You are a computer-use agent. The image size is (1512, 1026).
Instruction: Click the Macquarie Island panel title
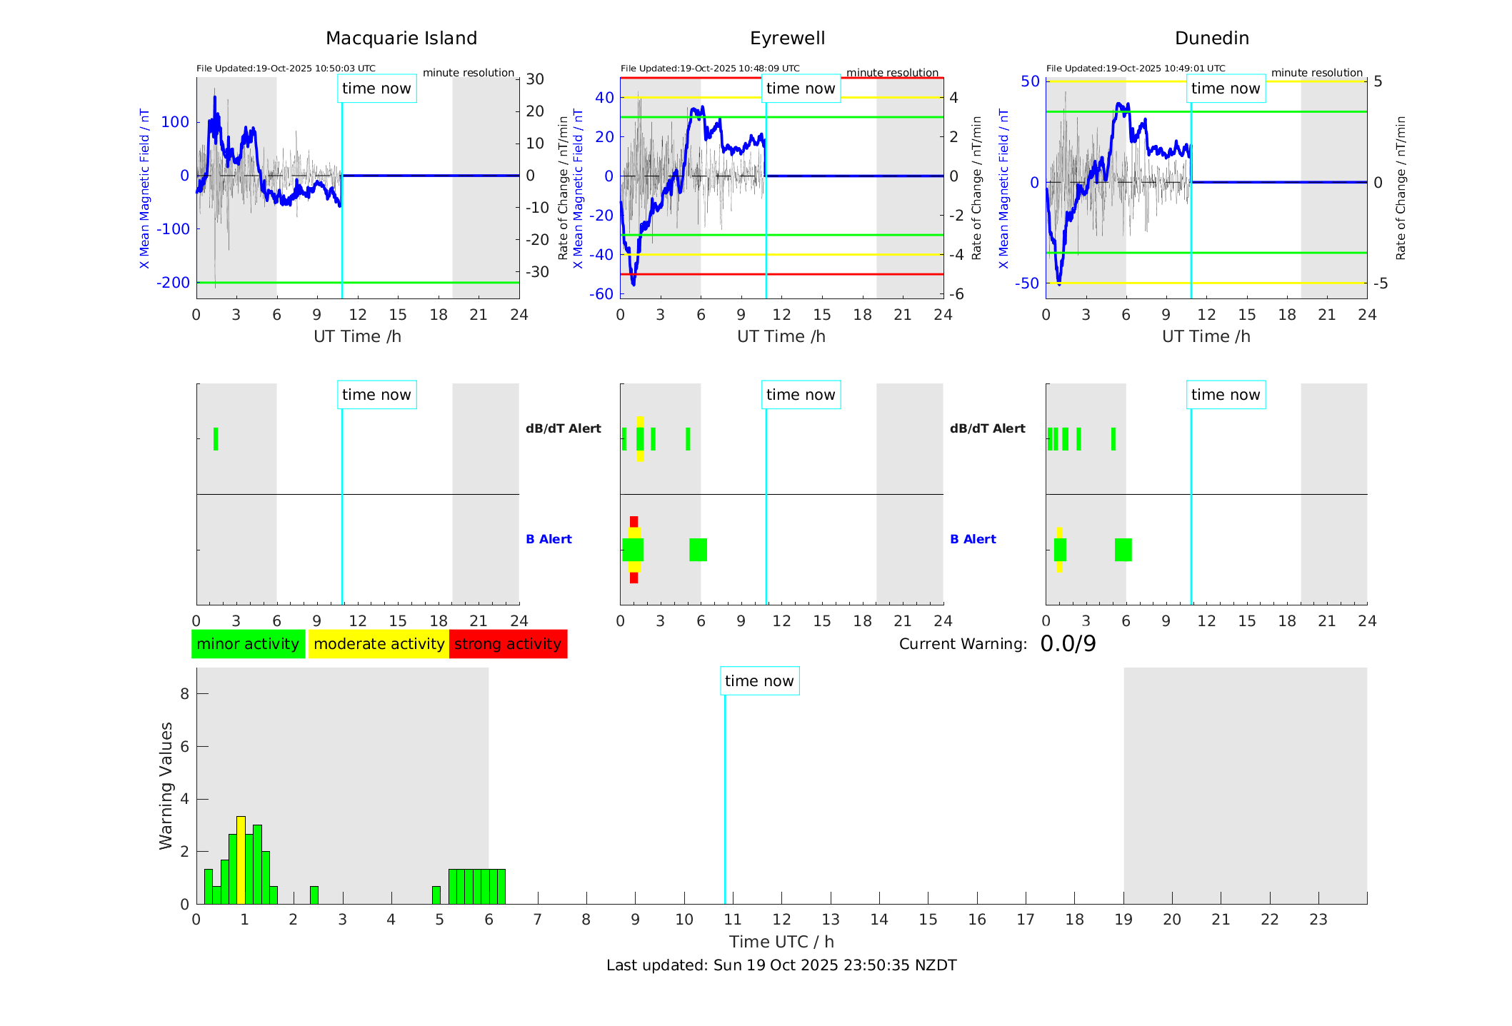click(x=401, y=39)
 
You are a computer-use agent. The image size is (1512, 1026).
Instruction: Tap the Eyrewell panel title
click(x=787, y=39)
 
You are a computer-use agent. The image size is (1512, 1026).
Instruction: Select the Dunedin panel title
click(x=1211, y=39)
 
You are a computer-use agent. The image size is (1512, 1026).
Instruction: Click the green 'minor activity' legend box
click(x=248, y=644)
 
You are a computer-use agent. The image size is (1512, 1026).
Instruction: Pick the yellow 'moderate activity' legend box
click(x=379, y=644)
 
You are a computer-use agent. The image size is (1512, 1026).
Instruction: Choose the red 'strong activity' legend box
click(x=508, y=644)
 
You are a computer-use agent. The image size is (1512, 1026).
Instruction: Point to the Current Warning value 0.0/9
click(x=1068, y=644)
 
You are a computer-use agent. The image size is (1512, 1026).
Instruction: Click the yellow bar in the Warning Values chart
click(x=241, y=860)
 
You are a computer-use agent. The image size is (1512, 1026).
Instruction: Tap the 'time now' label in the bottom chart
click(x=759, y=681)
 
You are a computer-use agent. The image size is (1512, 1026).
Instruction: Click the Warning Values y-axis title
click(x=166, y=785)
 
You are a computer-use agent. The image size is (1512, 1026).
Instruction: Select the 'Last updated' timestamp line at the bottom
click(x=781, y=965)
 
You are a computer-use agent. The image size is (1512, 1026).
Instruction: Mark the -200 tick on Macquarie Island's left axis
click(x=174, y=283)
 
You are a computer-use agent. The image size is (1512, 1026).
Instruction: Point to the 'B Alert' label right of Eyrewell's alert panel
click(x=549, y=539)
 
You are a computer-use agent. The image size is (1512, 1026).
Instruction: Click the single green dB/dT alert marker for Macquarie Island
click(x=216, y=439)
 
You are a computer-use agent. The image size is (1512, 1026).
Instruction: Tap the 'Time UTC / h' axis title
click(x=781, y=942)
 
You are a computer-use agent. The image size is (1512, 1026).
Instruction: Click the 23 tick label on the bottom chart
click(x=1318, y=920)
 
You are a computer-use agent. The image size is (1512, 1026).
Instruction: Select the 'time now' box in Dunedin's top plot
click(x=1226, y=89)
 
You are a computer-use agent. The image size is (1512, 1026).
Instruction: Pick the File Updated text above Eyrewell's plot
click(x=710, y=69)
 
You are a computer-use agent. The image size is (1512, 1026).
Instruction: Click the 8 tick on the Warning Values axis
click(x=184, y=693)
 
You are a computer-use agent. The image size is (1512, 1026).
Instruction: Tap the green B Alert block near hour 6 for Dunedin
click(x=1123, y=550)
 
